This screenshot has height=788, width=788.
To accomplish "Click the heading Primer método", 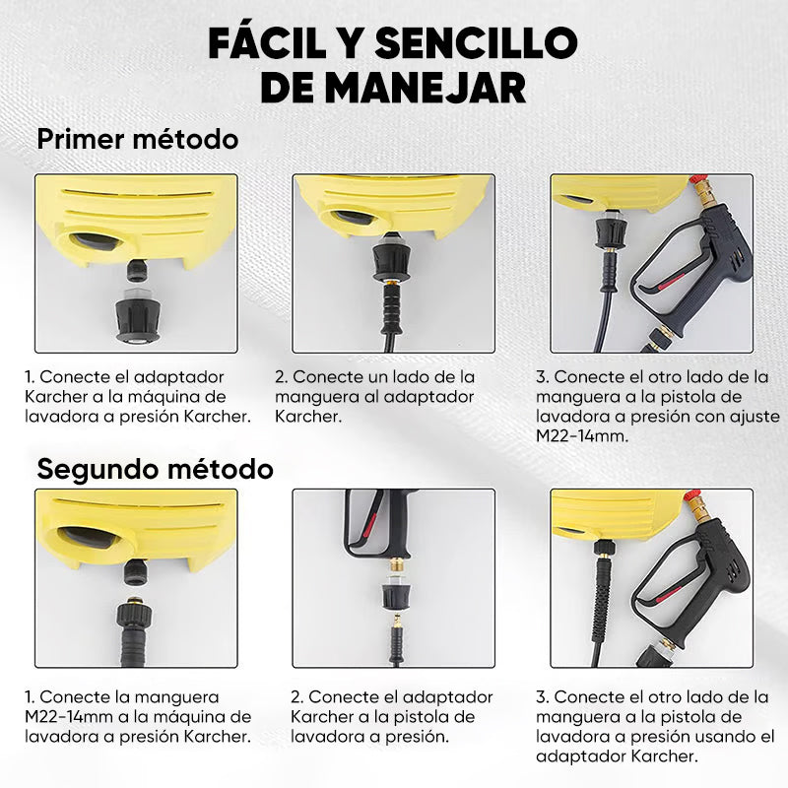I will tap(137, 139).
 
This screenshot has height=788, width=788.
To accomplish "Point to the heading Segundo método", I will tap(155, 468).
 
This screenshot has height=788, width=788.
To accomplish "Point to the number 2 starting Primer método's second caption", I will tap(280, 377).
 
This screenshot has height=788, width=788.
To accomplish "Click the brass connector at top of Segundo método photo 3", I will tap(700, 508).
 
